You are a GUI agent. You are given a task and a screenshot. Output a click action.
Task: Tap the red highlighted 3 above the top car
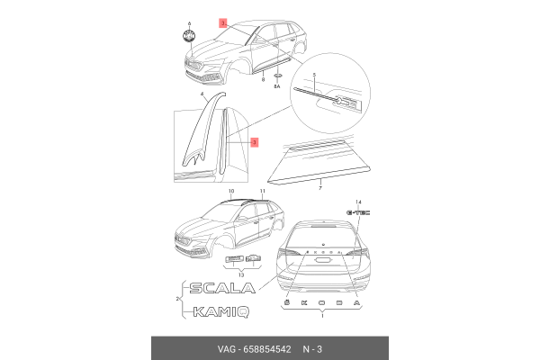(x=224, y=20)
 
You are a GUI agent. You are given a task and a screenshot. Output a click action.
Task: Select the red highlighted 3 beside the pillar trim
(x=255, y=142)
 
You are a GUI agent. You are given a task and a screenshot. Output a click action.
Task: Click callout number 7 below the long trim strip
(x=319, y=190)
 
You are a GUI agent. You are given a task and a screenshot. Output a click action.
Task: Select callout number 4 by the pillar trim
(x=202, y=94)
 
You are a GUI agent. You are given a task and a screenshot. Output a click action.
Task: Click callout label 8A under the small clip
(x=277, y=87)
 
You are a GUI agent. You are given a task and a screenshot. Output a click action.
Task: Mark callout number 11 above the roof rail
(x=262, y=192)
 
